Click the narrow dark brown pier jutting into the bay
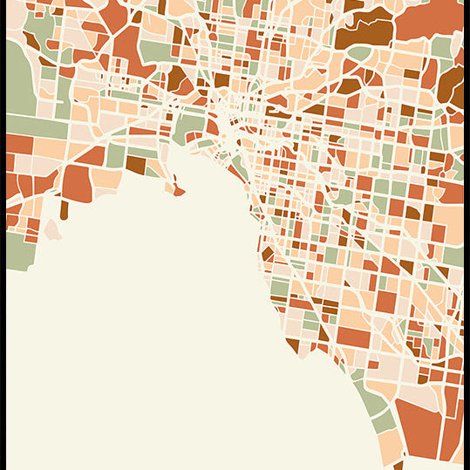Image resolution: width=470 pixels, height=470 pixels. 64,209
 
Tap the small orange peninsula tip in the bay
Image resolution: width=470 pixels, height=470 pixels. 178,190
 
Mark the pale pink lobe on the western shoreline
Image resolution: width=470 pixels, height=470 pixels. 52,229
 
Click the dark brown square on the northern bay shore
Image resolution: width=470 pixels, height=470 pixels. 136,163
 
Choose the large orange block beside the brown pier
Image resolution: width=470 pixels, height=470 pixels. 76,183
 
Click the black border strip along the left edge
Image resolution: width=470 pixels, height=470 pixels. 3,235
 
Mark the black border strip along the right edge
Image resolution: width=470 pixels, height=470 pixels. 467,235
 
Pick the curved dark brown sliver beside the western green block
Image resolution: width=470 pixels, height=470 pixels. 31,41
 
